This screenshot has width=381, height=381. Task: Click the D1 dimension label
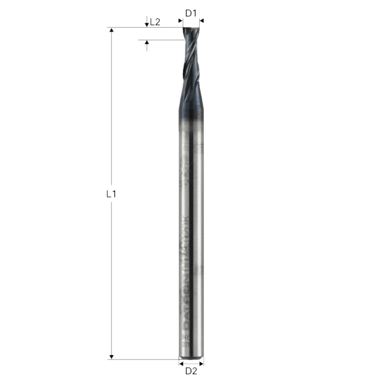click(x=190, y=12)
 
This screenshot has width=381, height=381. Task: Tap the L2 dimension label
click(x=155, y=22)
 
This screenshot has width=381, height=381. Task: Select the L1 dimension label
click(x=112, y=193)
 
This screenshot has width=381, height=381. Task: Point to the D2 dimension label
click(x=191, y=372)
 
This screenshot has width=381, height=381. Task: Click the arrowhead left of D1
click(x=181, y=21)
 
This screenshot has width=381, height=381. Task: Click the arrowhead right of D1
click(x=200, y=21)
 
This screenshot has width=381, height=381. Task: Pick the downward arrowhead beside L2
click(x=146, y=24)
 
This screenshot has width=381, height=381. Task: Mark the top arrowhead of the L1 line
click(x=112, y=30)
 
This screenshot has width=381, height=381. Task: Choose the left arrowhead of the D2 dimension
click(x=182, y=361)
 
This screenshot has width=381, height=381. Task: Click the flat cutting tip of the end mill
click(x=190, y=29)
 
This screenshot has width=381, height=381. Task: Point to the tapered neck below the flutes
click(x=192, y=101)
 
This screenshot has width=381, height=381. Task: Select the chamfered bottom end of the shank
click(x=192, y=357)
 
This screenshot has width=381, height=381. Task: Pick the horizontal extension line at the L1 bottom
click(x=144, y=359)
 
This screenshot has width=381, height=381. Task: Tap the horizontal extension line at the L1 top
click(x=144, y=27)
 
